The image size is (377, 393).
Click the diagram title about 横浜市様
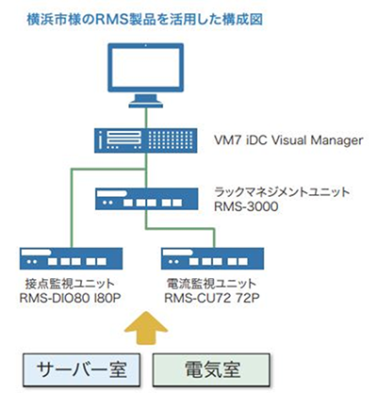pos(145,20)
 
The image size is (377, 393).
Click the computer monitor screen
pos(146,68)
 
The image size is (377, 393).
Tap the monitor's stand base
pos(146,104)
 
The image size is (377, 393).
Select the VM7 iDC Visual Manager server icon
pos(146,140)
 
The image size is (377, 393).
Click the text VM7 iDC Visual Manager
pos(288,140)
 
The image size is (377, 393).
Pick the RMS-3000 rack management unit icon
pos(147,199)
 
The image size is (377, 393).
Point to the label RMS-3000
pos(246,206)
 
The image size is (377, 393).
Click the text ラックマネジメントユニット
pos(282,192)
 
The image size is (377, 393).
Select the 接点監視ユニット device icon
pos(71,258)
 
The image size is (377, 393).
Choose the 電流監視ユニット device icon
pos(213,258)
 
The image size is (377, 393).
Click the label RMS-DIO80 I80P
pos(71,298)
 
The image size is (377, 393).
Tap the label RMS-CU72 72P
pos(212,298)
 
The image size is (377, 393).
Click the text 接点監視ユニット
pos(70,284)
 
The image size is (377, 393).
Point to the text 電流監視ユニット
pos(211,284)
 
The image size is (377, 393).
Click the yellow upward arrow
pos(146,328)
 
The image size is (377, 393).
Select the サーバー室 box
pos(81,369)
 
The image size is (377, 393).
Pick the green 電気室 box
pos(211,369)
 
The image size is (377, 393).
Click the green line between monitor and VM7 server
pos(146,118)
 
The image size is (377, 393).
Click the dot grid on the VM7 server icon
pos(171,140)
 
